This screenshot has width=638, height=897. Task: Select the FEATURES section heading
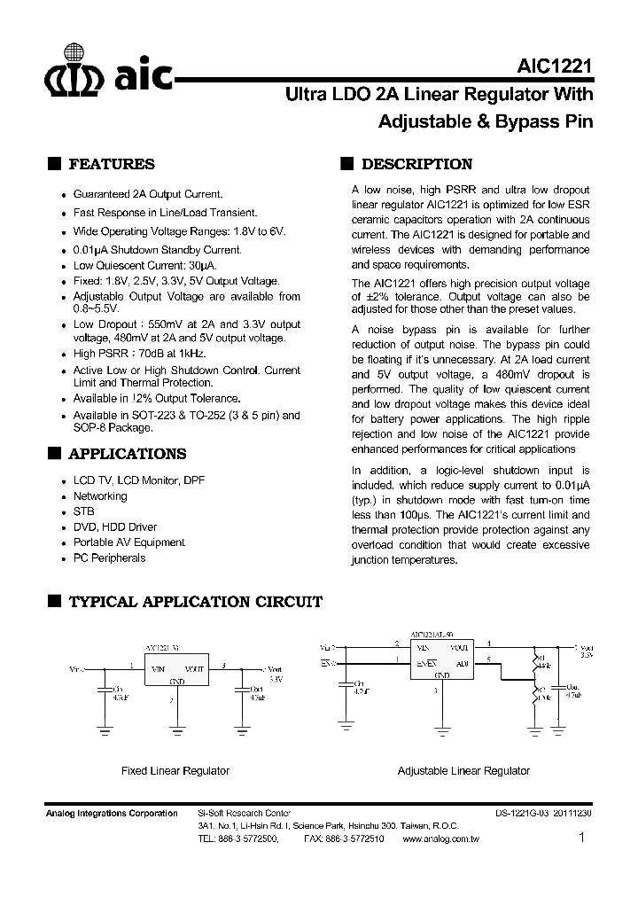pos(111,164)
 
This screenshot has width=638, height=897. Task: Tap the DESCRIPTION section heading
pos(416,164)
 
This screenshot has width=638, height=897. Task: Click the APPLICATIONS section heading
pos(127,454)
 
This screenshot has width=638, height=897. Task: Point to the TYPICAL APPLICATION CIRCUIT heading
pos(195,602)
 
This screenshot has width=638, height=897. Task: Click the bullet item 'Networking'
pos(100,496)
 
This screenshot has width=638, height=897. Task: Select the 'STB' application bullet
pos(83,511)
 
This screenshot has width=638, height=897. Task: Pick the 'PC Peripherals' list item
pos(109,558)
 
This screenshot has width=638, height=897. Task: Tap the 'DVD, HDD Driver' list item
pos(114,527)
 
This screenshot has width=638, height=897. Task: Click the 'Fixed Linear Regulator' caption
pos(175,771)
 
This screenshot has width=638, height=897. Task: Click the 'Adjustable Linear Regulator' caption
pos(463,771)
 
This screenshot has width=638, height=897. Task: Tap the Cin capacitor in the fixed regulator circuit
pos(105,690)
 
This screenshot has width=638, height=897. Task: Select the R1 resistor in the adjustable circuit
pos(536,660)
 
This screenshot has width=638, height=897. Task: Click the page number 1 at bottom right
pos(581,838)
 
